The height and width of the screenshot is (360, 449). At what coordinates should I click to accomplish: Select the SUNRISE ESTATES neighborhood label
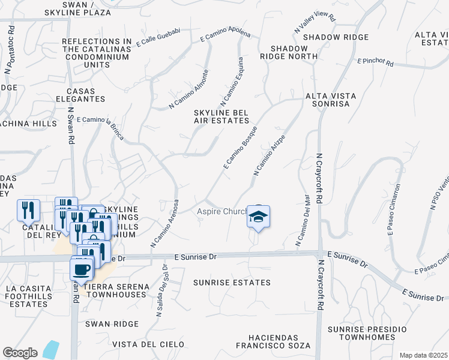tap(232, 282)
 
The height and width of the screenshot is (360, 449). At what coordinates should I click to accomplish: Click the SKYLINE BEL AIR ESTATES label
tap(221, 116)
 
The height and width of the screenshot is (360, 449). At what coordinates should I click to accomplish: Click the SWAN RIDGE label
tap(112, 324)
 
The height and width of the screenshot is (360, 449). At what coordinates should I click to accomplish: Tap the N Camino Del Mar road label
tap(302, 221)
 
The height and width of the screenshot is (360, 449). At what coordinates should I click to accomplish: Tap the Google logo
tap(20, 353)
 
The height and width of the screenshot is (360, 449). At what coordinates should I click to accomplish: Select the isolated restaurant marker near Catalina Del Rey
tap(28, 210)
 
